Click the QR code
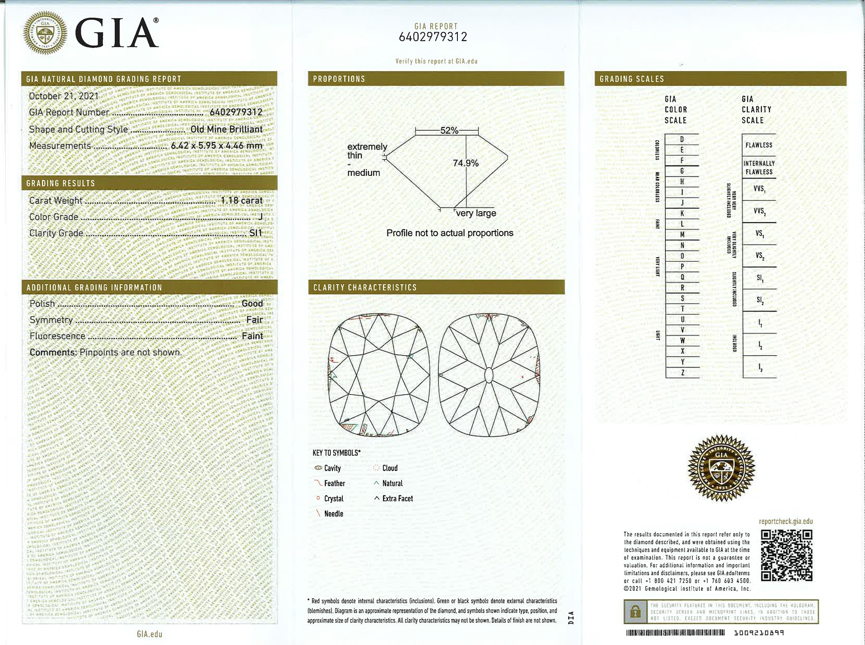point(786,555)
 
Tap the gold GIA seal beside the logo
point(45,33)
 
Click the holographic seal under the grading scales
point(721,468)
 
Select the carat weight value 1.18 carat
point(241,200)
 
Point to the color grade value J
point(260,217)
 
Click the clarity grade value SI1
point(256,233)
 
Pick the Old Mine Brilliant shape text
point(226,129)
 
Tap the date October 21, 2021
point(64,96)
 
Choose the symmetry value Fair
point(254,319)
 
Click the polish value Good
point(252,303)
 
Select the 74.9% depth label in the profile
point(465,163)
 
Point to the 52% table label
point(449,130)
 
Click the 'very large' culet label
point(476,213)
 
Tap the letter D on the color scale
point(682,139)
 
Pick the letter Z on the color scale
point(682,373)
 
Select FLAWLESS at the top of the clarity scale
point(759,145)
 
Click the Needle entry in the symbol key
point(333,514)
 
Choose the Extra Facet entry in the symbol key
point(397,499)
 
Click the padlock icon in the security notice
point(635,612)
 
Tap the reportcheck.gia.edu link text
point(786,522)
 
